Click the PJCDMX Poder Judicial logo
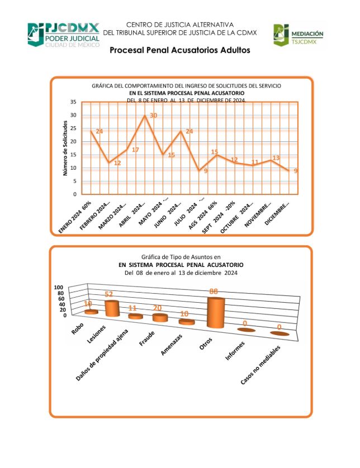[x=63, y=35]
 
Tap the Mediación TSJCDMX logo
[x=298, y=35]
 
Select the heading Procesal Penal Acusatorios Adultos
[x=179, y=50]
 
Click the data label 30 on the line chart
[x=153, y=115]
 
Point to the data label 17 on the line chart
[x=135, y=150]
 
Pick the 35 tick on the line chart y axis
[x=73, y=102]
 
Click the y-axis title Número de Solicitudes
[x=65, y=149]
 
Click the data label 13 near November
[x=276, y=158]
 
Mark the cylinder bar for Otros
[x=216, y=313]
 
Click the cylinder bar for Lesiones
[x=112, y=308]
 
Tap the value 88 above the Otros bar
[x=214, y=292]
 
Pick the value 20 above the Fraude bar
[x=158, y=308]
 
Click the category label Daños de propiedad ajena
[x=103, y=358]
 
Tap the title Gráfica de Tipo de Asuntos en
[x=180, y=256]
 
